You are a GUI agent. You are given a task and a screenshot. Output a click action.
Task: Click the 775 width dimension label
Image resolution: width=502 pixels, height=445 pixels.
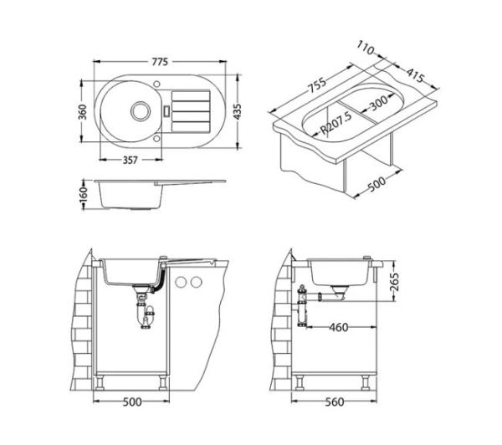point(160,61)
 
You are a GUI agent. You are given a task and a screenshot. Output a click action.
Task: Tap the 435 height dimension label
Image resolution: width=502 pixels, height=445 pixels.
point(238,111)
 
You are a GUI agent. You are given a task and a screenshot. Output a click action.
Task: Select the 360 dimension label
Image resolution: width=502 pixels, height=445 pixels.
point(83,112)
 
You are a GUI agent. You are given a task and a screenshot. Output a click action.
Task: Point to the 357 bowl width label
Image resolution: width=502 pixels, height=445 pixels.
point(131,160)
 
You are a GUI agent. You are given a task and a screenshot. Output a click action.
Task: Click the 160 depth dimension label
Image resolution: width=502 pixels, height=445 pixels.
point(83,195)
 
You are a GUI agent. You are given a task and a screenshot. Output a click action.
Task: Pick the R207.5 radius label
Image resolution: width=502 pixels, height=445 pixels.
point(336,123)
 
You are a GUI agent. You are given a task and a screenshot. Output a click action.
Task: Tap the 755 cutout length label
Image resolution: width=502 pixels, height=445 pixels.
point(317,85)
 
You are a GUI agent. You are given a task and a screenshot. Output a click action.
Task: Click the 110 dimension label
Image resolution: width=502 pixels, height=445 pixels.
point(366,48)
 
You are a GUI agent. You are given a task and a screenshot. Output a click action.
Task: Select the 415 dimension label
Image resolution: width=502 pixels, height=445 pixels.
point(415,75)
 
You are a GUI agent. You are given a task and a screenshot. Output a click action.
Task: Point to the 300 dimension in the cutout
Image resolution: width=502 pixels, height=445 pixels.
point(378,103)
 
